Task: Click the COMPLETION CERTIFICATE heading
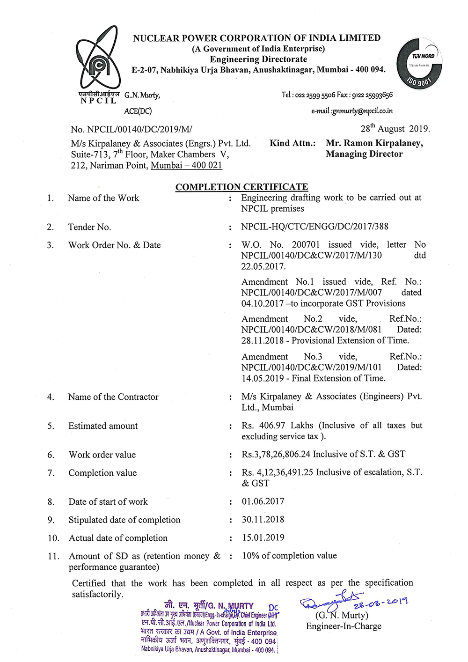(x=241, y=187)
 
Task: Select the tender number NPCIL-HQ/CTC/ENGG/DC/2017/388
(x=314, y=227)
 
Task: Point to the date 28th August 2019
(x=395, y=129)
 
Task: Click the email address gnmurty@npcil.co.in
(x=352, y=111)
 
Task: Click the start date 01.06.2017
(x=263, y=501)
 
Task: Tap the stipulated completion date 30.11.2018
(x=263, y=520)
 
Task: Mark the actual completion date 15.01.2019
(x=263, y=538)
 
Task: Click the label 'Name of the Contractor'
(x=113, y=397)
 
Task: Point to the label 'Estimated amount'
(x=103, y=426)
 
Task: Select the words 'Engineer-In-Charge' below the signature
(x=344, y=626)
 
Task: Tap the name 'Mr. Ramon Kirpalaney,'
(x=374, y=143)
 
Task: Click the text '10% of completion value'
(x=289, y=556)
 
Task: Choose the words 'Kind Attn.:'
(x=292, y=143)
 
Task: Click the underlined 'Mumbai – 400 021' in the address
(x=186, y=165)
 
